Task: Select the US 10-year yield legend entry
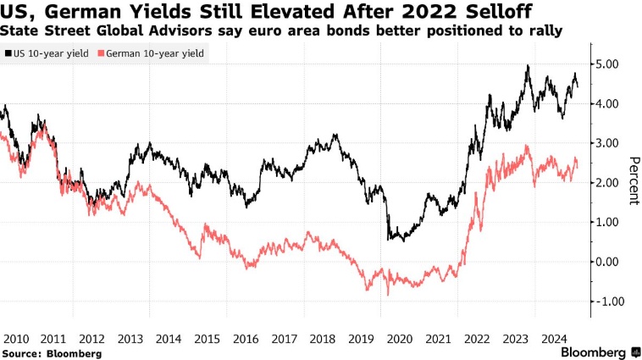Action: pos(52,53)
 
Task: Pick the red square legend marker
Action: pos(102,53)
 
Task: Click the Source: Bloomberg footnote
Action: pos(52,352)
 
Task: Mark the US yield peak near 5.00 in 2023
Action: pos(528,66)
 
